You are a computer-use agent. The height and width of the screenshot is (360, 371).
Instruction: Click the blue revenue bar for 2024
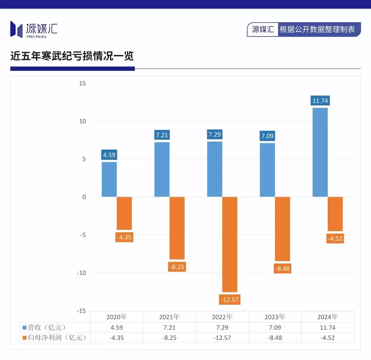point(320,152)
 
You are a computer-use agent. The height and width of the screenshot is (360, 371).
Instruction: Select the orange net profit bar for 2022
point(230,244)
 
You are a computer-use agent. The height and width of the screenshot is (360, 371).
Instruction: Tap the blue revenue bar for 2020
point(109,179)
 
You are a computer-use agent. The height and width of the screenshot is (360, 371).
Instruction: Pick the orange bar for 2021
point(177,228)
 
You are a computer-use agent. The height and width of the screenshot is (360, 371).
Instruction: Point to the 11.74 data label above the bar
point(320,101)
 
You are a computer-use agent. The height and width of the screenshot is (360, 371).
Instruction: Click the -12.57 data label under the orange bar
point(230,299)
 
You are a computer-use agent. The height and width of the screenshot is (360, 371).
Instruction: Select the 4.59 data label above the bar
point(109,155)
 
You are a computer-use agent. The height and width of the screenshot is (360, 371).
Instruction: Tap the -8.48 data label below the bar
point(282,268)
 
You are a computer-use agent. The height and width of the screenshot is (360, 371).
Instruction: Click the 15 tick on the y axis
point(83,83)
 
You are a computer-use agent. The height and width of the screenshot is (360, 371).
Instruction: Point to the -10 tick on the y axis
point(81,273)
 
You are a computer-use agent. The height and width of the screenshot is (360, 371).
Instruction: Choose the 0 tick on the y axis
point(83,197)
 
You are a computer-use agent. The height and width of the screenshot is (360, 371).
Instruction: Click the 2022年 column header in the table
point(222,317)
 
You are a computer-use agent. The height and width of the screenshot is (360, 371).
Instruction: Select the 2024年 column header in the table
point(327,317)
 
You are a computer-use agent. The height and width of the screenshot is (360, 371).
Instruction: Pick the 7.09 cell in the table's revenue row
point(274,327)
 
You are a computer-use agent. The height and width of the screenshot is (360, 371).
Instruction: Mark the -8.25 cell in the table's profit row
point(169,338)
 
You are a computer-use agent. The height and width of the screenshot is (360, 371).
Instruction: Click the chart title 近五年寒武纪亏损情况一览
point(72,56)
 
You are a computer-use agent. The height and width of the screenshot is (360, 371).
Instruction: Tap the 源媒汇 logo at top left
point(34,29)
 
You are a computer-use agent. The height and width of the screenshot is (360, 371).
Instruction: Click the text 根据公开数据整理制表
point(317,30)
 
